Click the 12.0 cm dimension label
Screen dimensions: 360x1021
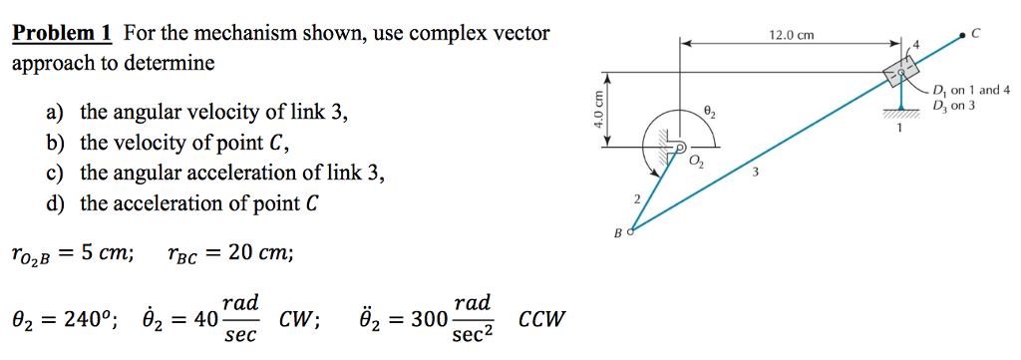pyautogui.click(x=792, y=36)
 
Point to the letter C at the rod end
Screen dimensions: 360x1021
pyautogui.click(x=976, y=33)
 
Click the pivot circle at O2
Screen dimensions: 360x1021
pyautogui.click(x=682, y=148)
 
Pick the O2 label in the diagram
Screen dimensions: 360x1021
pyautogui.click(x=697, y=163)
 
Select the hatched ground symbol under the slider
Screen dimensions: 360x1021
pyautogui.click(x=901, y=113)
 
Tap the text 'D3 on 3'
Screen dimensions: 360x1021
pyautogui.click(x=953, y=105)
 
